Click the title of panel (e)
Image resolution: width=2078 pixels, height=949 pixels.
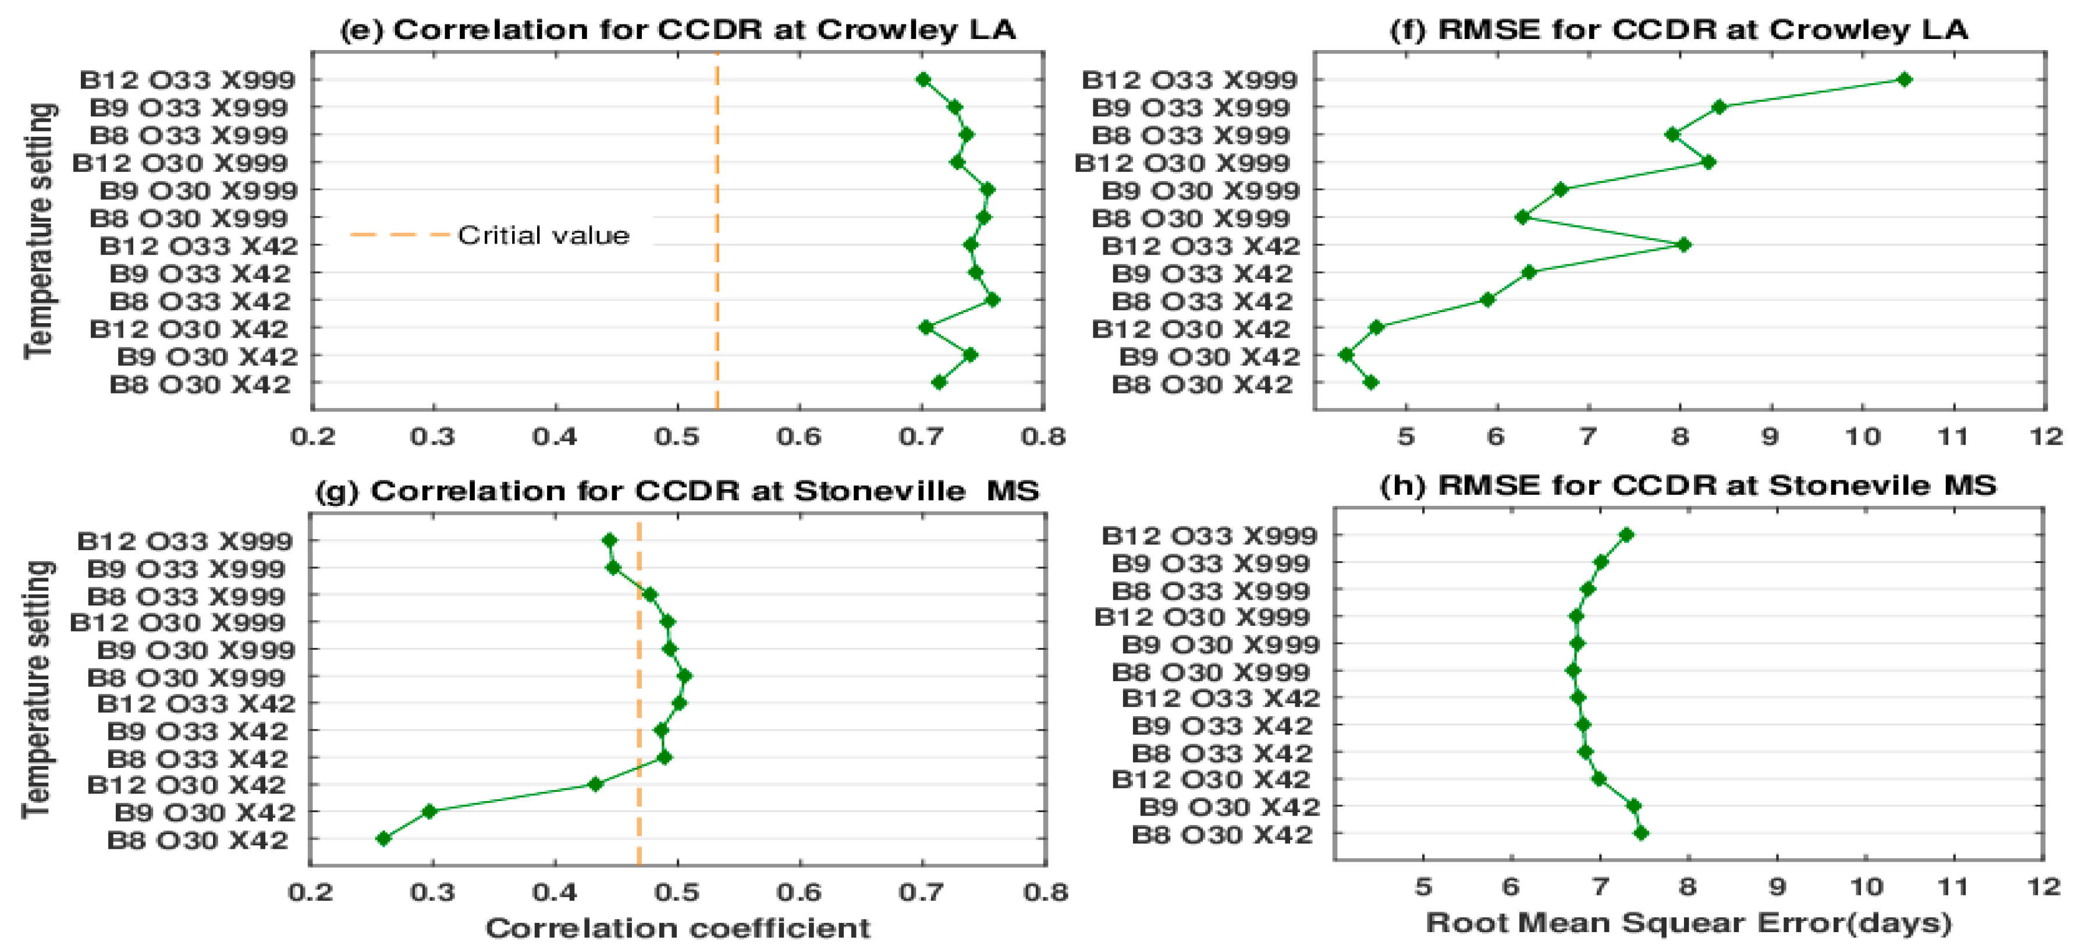677,30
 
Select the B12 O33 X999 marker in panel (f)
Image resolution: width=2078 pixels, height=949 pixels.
1905,79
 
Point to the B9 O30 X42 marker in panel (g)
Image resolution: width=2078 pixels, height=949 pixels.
429,811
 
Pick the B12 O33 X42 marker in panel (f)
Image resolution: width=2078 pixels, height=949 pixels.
1683,245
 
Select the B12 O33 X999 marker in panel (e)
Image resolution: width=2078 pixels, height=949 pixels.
923,79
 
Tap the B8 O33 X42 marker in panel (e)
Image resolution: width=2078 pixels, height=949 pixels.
993,299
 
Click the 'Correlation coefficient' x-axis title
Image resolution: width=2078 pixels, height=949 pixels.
677,928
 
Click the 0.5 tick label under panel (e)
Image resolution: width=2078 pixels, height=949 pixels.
677,437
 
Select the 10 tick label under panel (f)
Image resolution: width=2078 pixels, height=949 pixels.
1863,437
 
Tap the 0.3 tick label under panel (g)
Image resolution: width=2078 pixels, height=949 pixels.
433,892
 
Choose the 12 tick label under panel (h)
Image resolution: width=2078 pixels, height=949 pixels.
2044,887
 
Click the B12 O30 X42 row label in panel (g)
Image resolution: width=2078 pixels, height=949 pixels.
186,784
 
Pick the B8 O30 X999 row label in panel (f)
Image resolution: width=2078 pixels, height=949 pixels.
1191,218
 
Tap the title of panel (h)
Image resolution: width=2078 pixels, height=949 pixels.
1688,486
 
